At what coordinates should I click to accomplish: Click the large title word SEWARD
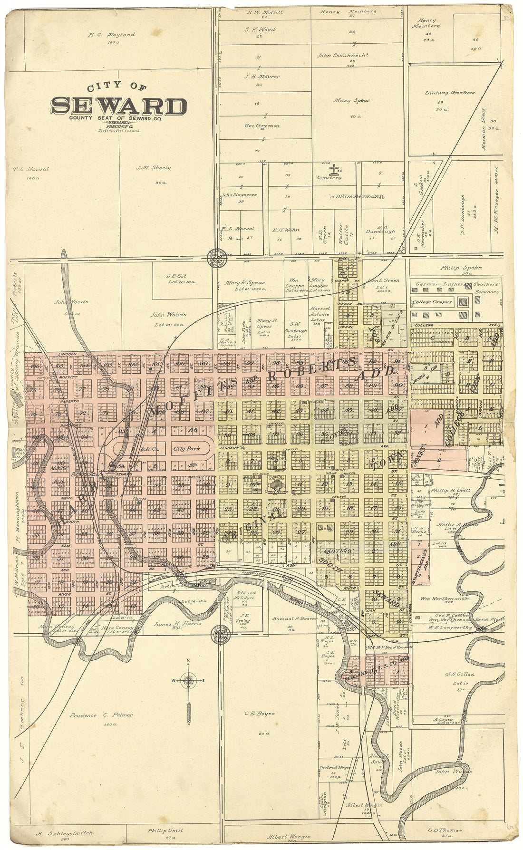(118, 106)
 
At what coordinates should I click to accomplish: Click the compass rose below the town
(189, 681)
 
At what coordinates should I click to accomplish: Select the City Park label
(186, 448)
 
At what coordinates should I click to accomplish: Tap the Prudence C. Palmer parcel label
(101, 715)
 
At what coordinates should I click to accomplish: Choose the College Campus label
(432, 302)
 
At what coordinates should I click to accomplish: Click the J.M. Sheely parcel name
(153, 167)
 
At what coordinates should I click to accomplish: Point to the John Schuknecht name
(343, 55)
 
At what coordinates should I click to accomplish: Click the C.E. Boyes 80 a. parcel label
(260, 714)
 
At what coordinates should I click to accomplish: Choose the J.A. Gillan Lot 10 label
(460, 674)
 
